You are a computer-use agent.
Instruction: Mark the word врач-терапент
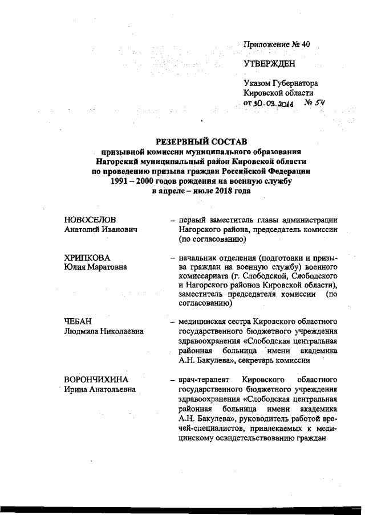pyautogui.click(x=201, y=380)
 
